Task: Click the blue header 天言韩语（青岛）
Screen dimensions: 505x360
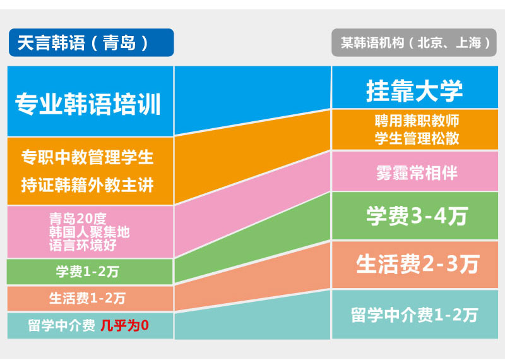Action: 91,42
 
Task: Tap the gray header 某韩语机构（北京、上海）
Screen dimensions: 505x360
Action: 414,42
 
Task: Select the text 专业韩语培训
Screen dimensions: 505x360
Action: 88,104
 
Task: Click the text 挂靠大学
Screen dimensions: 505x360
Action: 415,91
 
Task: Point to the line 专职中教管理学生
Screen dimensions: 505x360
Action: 87,157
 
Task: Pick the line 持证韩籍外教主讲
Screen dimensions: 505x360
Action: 87,185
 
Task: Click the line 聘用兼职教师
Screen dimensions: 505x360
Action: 417,121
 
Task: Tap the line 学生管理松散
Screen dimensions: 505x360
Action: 417,138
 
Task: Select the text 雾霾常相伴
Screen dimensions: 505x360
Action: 417,173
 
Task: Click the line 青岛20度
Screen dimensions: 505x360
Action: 78,219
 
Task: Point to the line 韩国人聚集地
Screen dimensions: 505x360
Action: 89,232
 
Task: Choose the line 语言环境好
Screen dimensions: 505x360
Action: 83,245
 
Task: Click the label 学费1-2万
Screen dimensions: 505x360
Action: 87,272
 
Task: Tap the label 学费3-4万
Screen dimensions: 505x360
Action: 417,216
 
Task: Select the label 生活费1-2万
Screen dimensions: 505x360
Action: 87,299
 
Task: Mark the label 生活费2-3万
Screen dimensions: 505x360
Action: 417,264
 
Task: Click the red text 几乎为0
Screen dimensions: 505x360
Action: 124,325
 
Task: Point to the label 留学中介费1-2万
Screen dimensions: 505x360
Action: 414,315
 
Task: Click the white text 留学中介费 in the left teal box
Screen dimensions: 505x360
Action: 61,325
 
